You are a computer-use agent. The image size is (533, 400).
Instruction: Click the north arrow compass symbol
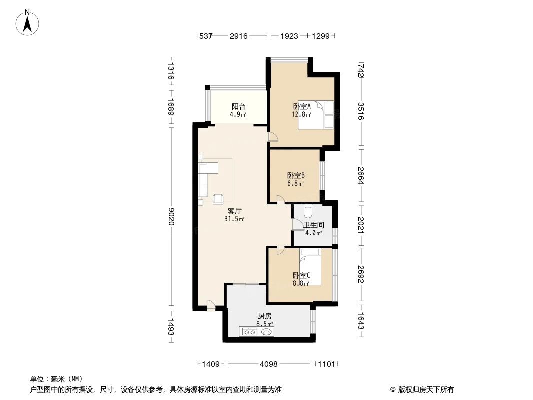coord(28,22)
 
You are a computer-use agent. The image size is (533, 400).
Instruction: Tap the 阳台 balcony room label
coord(238,106)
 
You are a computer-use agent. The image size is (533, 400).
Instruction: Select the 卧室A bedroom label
coord(302,106)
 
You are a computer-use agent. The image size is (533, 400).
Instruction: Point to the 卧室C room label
coord(301,275)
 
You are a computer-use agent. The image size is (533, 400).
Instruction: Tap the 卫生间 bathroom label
coord(314,225)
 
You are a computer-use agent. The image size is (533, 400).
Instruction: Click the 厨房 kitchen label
coord(265,316)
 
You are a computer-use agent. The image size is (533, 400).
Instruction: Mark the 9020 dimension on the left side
coord(171,216)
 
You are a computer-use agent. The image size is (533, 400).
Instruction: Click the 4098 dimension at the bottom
coord(269,364)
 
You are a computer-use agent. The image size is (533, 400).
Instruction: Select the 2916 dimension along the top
coord(238,36)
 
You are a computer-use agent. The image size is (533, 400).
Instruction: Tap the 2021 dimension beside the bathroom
coord(361,224)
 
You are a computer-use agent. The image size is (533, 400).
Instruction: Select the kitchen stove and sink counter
coord(256,331)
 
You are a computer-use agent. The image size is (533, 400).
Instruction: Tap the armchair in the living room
coord(218,199)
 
